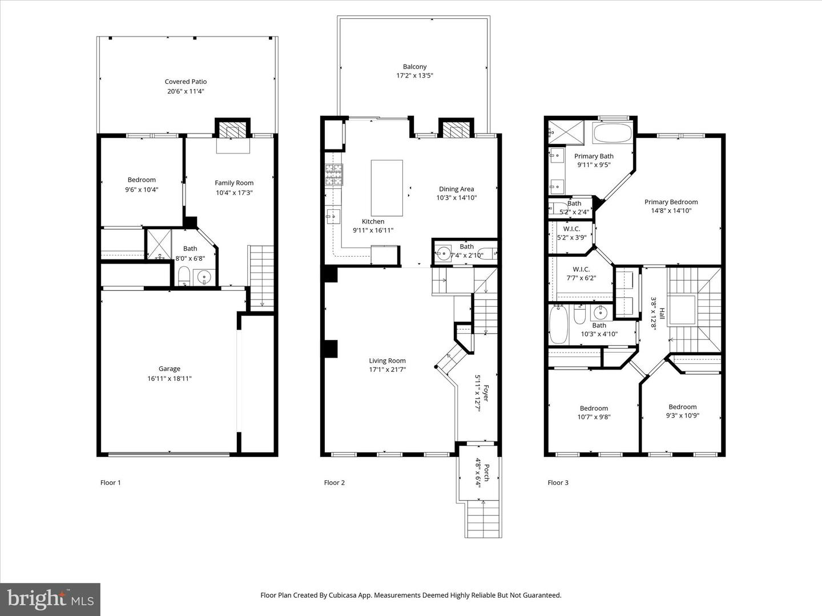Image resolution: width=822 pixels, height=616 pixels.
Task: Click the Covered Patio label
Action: (186, 82)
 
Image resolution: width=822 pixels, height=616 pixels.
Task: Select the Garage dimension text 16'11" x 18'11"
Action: (169, 378)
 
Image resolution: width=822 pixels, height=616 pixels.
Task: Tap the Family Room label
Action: (233, 183)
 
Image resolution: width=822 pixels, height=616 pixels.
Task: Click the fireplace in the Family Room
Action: (232, 131)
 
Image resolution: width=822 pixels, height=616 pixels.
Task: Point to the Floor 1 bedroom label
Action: (142, 180)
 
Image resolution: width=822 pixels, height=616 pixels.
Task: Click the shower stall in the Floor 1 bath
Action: (159, 244)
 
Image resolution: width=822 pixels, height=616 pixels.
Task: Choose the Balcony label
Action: (414, 67)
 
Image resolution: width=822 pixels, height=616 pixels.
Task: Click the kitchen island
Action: (386, 188)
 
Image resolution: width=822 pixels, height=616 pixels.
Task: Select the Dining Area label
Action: (456, 189)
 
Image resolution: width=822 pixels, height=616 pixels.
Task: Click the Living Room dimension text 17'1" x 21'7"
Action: (387, 370)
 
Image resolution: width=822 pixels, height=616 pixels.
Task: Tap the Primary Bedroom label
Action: (671, 202)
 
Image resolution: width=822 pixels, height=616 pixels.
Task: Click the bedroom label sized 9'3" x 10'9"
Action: (682, 407)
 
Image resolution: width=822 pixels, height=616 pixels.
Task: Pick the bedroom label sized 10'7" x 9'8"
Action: (594, 408)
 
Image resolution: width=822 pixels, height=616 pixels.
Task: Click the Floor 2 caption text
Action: (335, 483)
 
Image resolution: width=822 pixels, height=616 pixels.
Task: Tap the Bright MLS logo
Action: (50, 598)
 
